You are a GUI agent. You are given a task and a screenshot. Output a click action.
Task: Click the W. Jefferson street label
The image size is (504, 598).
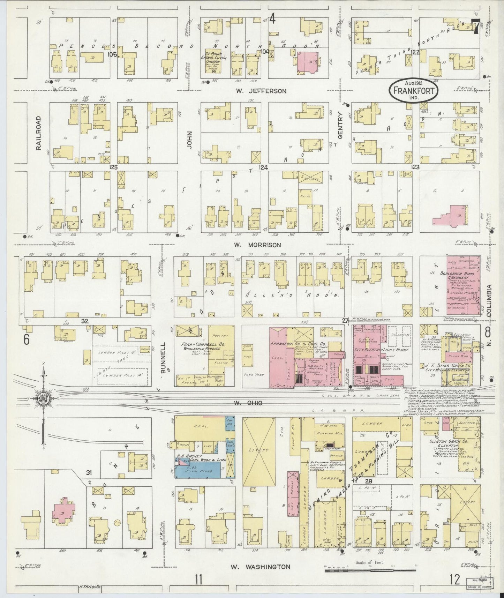(261, 91)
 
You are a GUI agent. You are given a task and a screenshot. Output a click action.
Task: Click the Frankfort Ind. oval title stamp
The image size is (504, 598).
(414, 90)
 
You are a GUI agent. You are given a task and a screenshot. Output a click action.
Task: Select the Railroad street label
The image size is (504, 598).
(39, 133)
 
